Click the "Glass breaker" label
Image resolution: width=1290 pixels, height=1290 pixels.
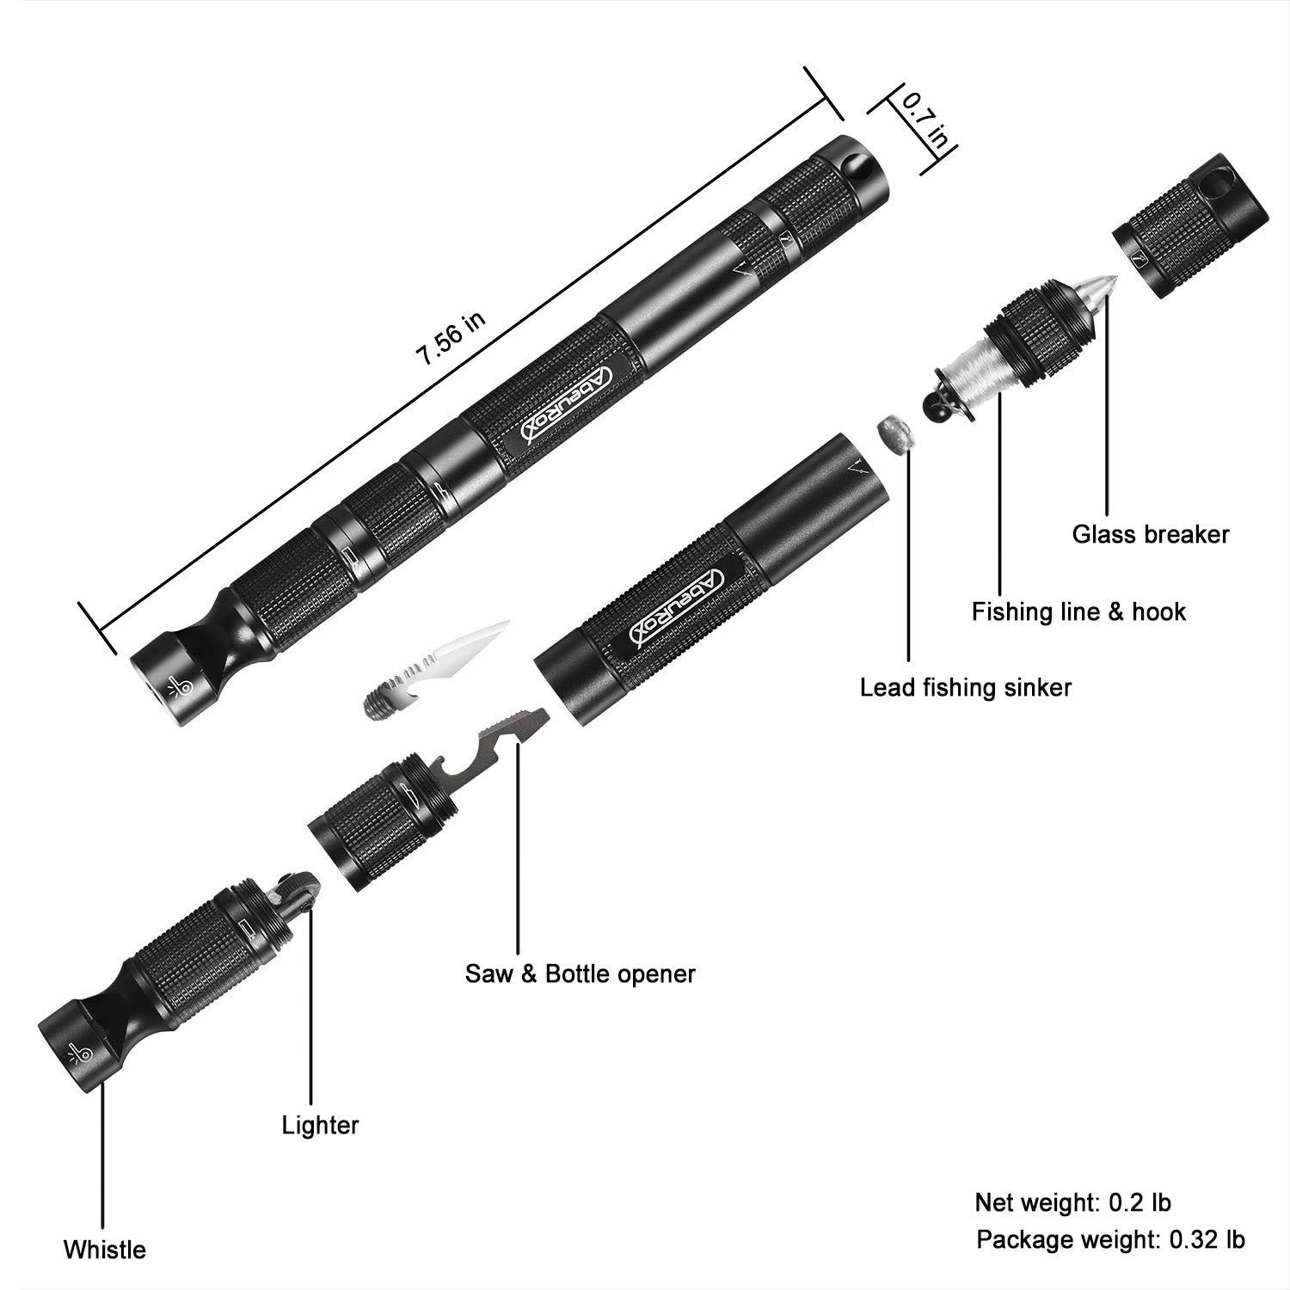click(1150, 534)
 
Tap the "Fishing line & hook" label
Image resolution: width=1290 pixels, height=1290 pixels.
click(1078, 612)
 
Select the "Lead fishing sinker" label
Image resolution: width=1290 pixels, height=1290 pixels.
click(966, 687)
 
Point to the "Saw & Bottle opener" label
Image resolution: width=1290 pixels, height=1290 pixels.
click(580, 974)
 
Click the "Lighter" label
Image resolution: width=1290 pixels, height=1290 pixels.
click(320, 1125)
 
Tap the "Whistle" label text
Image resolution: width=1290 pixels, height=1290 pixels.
click(105, 1249)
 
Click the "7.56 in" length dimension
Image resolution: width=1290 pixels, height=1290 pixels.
click(452, 340)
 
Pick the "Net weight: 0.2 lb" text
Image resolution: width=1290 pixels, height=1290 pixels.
click(1072, 1201)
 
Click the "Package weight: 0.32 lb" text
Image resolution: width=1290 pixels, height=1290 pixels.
click(1109, 1239)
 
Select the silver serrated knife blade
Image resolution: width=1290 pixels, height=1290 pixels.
click(439, 659)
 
